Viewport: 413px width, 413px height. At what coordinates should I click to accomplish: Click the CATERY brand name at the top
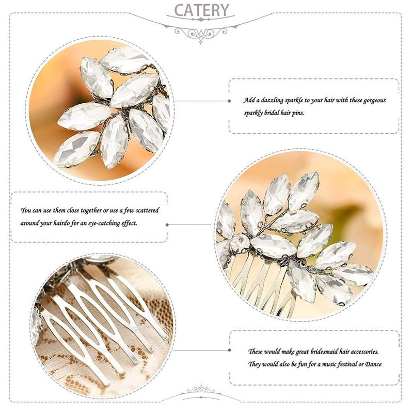tap(201, 10)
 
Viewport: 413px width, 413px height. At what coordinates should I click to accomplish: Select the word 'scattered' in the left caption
tap(149, 210)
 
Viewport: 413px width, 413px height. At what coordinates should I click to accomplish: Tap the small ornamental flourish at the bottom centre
tap(201, 389)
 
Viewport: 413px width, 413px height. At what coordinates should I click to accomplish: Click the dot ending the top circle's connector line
tap(229, 101)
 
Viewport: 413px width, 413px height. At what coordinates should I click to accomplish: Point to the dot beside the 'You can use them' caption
tap(167, 225)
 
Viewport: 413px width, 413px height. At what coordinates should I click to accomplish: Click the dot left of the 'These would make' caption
tap(229, 350)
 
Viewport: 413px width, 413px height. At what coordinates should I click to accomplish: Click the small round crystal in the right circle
tap(240, 243)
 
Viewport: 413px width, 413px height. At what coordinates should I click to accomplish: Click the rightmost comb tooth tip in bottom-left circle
tap(165, 337)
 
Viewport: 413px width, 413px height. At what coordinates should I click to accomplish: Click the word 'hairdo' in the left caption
tap(61, 224)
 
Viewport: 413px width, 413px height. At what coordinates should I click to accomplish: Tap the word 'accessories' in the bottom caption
tap(365, 352)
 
